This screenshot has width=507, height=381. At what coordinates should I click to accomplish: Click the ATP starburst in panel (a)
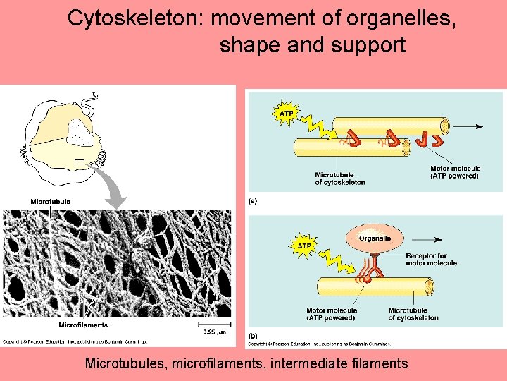click(286, 114)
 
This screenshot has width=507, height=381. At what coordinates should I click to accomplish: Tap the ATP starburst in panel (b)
click(304, 246)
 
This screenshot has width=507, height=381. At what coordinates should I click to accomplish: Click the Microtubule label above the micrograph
click(50, 202)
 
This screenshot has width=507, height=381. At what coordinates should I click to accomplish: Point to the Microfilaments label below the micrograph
click(83, 325)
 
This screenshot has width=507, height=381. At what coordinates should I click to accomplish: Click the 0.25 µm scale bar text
click(213, 332)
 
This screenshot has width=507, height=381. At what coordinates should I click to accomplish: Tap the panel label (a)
click(253, 200)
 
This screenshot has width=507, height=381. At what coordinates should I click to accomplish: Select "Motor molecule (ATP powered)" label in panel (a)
click(455, 172)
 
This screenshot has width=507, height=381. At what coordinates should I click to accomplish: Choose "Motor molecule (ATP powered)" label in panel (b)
click(331, 314)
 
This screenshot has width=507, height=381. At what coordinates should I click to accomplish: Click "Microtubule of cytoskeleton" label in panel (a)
click(340, 179)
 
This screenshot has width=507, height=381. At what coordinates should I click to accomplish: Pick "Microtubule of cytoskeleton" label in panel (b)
click(413, 314)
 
